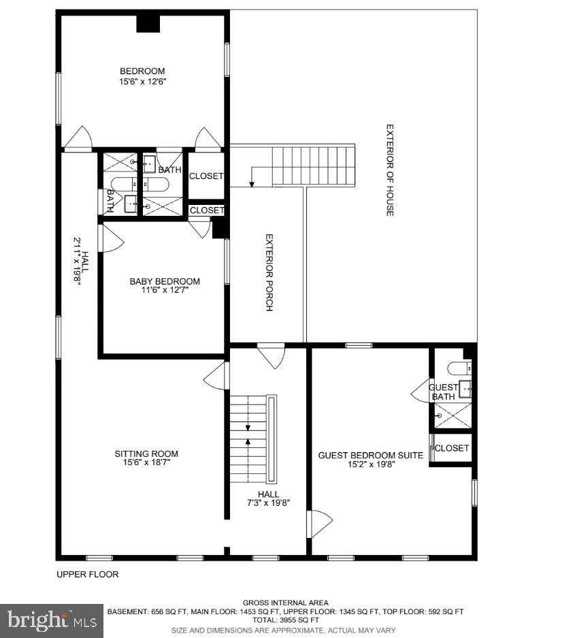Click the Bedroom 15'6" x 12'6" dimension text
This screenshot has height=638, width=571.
[x=143, y=82]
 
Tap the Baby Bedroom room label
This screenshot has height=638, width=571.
[x=165, y=281]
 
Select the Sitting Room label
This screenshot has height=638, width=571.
[x=146, y=453]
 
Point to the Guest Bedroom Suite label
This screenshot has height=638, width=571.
[x=370, y=456]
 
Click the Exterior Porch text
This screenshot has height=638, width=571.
[x=269, y=272]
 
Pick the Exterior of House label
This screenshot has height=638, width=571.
[x=389, y=170]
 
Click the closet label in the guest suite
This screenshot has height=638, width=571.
[x=452, y=448]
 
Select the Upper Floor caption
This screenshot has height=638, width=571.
[x=87, y=575]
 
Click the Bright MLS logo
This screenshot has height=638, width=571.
[x=52, y=621]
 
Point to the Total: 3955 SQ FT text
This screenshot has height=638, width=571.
[x=286, y=620]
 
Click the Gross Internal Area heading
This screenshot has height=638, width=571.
[x=286, y=603]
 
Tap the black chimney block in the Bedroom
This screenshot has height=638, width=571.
[x=148, y=24]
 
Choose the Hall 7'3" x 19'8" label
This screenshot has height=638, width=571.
[x=268, y=498]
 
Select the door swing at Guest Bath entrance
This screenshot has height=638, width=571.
[x=420, y=392]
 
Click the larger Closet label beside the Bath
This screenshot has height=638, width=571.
[x=206, y=176]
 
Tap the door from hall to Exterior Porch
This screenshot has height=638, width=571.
[x=271, y=356]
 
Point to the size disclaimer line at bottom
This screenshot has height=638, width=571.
[x=284, y=631]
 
